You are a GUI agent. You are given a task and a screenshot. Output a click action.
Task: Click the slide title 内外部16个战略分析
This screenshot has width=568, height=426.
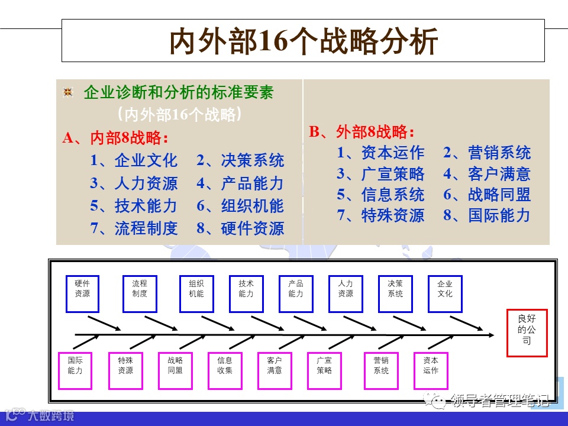[304, 41]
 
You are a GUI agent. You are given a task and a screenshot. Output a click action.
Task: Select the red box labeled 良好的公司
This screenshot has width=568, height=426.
[527, 333]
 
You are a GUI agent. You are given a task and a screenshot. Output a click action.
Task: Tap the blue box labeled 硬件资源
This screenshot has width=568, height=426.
[82, 293]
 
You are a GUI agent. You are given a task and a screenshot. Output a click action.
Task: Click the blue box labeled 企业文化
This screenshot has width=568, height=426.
[444, 293]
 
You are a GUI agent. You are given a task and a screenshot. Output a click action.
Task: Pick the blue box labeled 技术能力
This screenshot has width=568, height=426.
[246, 293]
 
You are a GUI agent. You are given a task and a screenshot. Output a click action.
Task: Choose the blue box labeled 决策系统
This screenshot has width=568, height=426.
[395, 293]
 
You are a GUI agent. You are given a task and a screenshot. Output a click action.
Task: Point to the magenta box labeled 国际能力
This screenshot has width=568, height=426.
[75, 370]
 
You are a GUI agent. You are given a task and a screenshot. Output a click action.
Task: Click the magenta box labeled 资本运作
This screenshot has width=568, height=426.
[431, 370]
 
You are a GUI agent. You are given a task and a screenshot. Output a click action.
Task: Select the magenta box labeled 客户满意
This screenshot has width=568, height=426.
[275, 370]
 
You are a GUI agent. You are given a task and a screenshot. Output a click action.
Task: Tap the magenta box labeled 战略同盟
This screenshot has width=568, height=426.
[175, 370]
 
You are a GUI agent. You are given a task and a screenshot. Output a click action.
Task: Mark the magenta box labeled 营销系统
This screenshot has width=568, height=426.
[381, 370]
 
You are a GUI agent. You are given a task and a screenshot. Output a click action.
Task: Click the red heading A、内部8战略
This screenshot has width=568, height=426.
[116, 138]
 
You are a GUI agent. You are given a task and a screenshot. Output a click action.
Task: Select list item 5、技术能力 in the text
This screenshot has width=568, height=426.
[134, 206]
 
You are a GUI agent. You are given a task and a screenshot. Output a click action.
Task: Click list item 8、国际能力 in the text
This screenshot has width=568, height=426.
[487, 215]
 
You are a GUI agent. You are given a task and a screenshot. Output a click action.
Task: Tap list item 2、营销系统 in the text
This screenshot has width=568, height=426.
[487, 153]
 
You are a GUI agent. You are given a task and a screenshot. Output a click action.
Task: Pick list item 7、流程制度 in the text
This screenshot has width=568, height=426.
[134, 228]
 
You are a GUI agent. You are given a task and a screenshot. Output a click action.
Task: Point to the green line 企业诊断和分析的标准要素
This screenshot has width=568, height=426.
[179, 93]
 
